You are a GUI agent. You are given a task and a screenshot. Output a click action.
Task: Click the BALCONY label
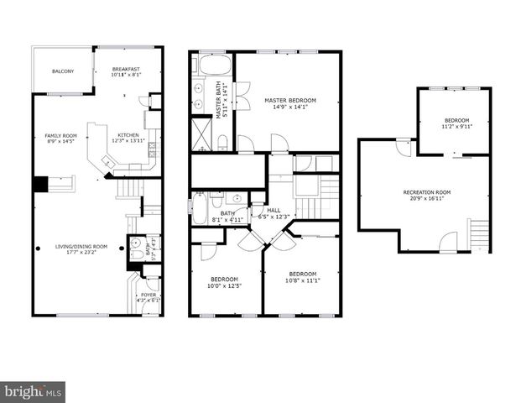tap(63, 71)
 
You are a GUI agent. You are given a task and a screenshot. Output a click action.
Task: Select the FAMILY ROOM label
tap(60, 136)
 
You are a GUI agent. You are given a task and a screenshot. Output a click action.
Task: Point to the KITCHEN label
tap(128, 135)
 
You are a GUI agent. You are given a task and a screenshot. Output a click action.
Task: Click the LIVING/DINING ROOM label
tap(81, 246)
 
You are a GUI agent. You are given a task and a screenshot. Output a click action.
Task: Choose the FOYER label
tap(148, 295)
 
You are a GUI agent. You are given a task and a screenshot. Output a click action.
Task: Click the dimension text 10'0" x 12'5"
tap(224, 286)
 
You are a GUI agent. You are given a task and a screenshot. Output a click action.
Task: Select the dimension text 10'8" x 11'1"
tap(302, 280)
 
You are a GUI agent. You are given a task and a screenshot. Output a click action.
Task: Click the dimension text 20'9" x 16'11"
tap(427, 200)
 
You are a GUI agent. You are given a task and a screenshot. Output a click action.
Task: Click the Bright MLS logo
tap(34, 391)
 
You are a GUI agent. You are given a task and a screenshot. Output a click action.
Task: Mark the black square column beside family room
tap(39, 184)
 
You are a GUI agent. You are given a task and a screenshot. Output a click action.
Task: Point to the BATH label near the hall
tap(227, 213)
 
